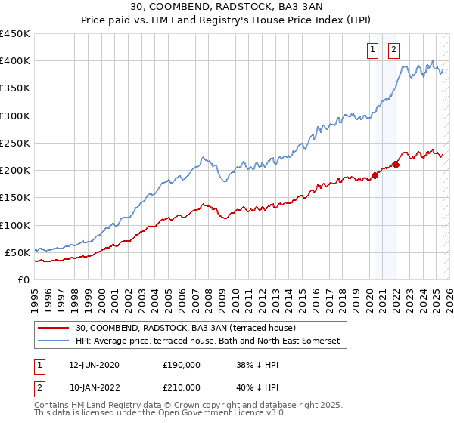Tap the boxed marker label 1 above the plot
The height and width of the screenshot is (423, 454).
(x=374, y=51)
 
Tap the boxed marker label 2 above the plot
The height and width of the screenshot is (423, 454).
(x=395, y=51)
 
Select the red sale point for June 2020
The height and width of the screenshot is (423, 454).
(x=375, y=176)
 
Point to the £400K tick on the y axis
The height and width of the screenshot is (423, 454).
(x=15, y=61)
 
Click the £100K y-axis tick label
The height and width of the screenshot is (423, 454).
(x=15, y=225)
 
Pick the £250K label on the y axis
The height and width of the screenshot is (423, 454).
(x=15, y=143)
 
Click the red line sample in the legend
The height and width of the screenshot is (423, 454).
(x=53, y=329)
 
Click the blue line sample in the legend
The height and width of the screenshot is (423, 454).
(x=53, y=341)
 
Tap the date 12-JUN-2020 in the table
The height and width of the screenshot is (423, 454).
(x=94, y=365)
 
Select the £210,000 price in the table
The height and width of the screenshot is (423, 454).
(x=182, y=387)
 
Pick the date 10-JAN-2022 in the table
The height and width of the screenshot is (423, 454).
(x=94, y=387)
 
